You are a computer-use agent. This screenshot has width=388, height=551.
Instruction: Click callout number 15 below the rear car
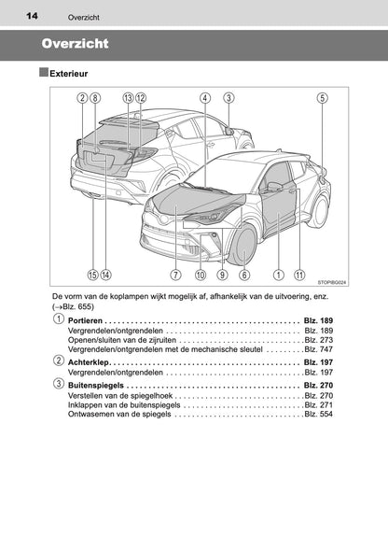(x=92, y=275)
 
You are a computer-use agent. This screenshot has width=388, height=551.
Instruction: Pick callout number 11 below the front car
(x=299, y=275)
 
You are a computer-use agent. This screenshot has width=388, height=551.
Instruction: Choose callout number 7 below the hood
(x=175, y=275)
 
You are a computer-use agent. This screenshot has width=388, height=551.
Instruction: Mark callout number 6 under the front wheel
(x=244, y=275)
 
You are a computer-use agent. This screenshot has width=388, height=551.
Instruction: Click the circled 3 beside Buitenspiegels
(x=59, y=385)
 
